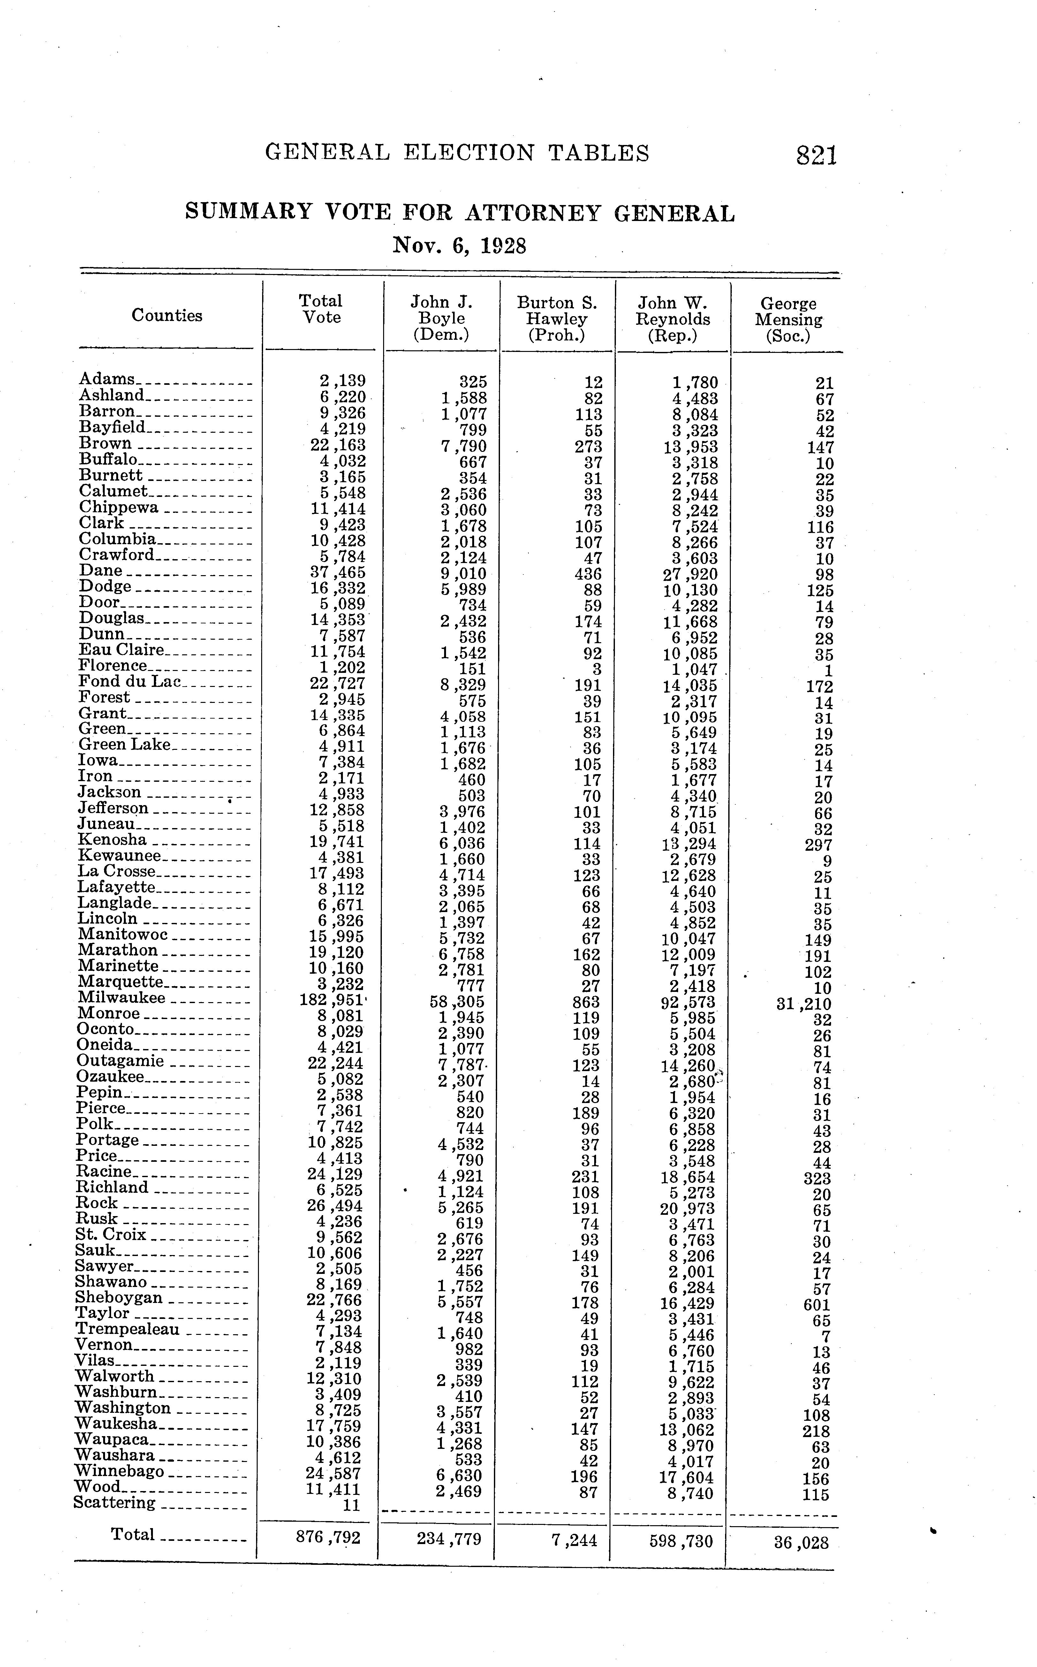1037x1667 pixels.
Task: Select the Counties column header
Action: pyautogui.click(x=167, y=316)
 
